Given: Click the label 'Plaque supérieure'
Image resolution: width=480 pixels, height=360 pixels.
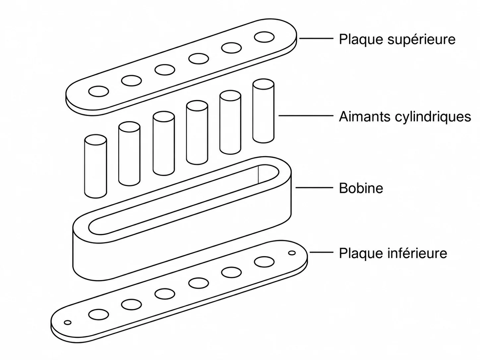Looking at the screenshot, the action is [397, 39].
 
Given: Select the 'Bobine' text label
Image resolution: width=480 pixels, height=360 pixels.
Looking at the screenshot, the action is [361, 188].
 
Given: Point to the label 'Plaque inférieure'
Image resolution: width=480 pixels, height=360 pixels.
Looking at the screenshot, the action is [393, 253].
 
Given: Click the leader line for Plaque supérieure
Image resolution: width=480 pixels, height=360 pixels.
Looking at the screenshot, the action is [317, 38].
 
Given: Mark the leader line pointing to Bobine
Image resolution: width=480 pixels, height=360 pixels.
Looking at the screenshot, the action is [315, 188].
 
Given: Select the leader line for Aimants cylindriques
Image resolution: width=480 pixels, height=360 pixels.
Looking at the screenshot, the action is [306, 115].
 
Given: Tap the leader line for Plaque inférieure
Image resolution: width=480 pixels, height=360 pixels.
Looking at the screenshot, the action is [322, 252].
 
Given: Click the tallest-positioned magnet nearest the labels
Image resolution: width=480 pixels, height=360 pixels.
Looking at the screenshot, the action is [263, 111].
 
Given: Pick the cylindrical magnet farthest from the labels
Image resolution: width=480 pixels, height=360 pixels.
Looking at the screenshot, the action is [95, 166].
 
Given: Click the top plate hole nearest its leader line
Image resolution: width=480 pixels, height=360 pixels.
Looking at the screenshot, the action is [264, 37].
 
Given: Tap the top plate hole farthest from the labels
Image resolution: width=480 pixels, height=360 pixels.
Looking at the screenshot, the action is [99, 91].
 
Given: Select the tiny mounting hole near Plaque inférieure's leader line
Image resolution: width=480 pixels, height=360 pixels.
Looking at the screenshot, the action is [292, 253].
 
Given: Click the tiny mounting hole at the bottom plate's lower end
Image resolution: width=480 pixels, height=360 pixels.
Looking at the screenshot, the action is [68, 323].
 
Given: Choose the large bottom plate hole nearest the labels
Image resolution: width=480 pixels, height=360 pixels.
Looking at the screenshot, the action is [264, 262].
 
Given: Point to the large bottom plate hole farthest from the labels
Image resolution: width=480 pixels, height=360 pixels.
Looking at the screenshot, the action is [99, 314].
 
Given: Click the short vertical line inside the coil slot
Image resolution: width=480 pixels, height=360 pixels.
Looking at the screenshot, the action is [258, 174].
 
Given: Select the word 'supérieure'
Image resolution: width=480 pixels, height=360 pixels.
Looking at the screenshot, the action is [421, 39].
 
